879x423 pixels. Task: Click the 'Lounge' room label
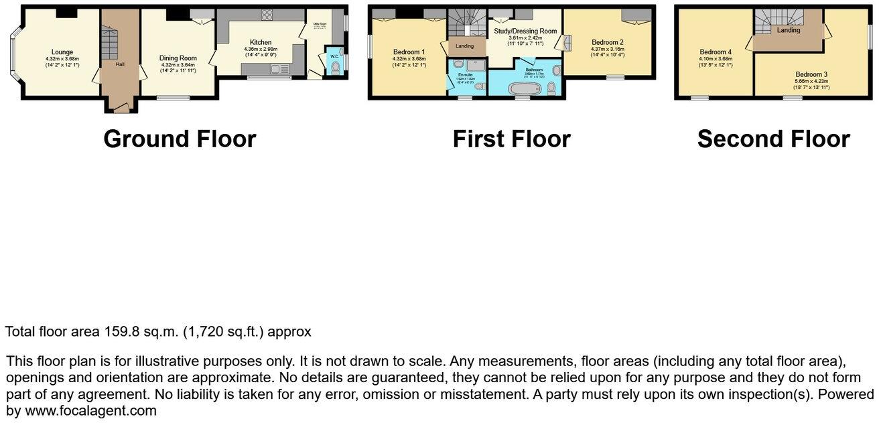click(x=62, y=52)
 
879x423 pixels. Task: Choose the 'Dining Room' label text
click(x=178, y=58)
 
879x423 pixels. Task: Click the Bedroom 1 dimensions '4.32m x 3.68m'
click(x=408, y=59)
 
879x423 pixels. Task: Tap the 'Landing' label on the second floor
click(x=788, y=30)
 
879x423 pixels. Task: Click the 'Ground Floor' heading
click(x=180, y=139)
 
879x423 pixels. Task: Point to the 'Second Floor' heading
click(x=773, y=139)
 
